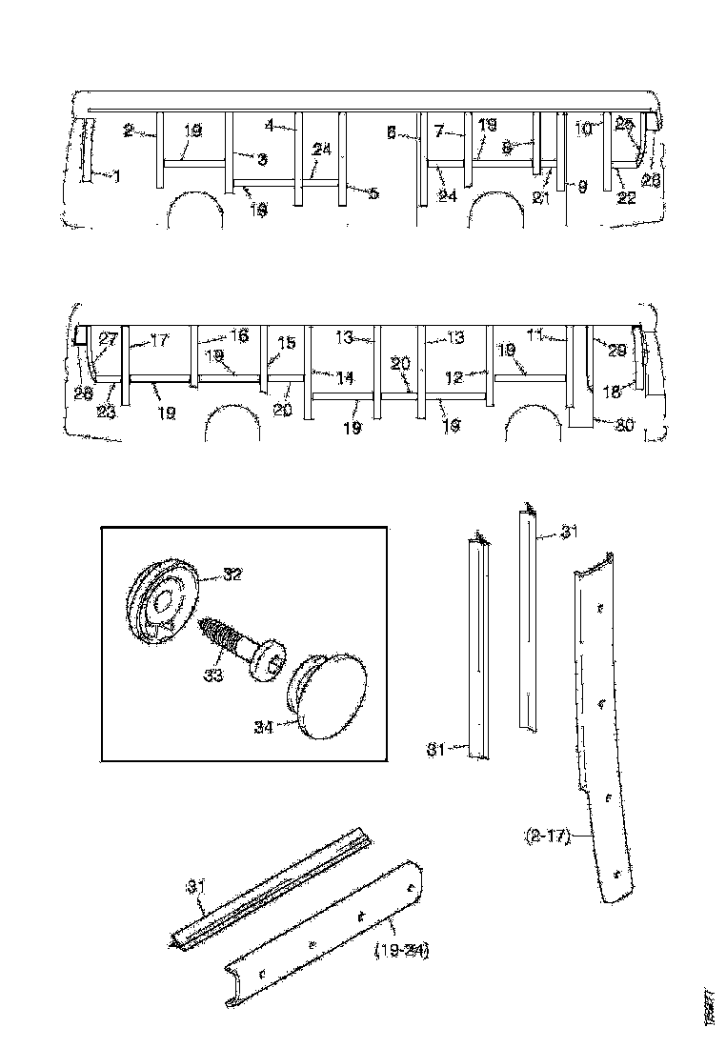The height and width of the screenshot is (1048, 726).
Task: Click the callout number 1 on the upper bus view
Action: [116, 176]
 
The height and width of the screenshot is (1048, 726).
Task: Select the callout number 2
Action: [128, 128]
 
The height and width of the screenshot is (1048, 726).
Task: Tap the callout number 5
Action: [373, 193]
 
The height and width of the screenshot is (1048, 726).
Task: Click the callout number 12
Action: [453, 378]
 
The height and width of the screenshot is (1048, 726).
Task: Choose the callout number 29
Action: [616, 351]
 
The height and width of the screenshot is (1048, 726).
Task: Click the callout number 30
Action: [623, 425]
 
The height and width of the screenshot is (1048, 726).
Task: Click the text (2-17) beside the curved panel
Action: [545, 837]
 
